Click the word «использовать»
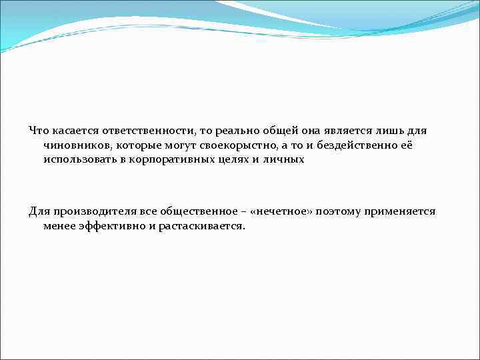coord(77,160)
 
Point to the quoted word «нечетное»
coord(287,211)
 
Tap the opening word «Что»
coord(39,129)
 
